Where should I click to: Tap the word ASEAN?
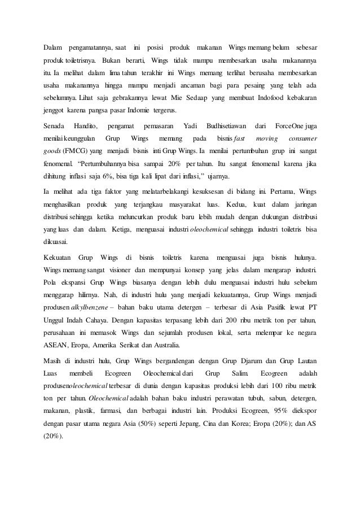[56, 345]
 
